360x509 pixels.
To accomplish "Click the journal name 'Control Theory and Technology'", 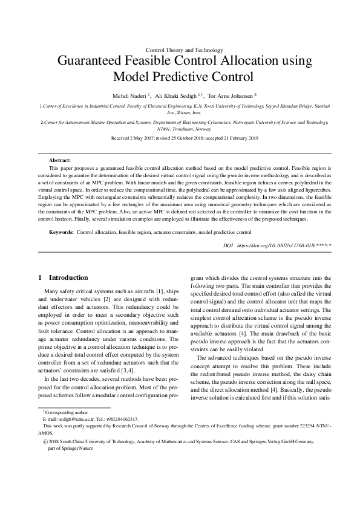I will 185,50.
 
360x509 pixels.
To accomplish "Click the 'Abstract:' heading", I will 60,160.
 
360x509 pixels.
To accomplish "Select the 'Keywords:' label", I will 61,232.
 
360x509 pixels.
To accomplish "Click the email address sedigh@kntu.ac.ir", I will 69,418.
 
